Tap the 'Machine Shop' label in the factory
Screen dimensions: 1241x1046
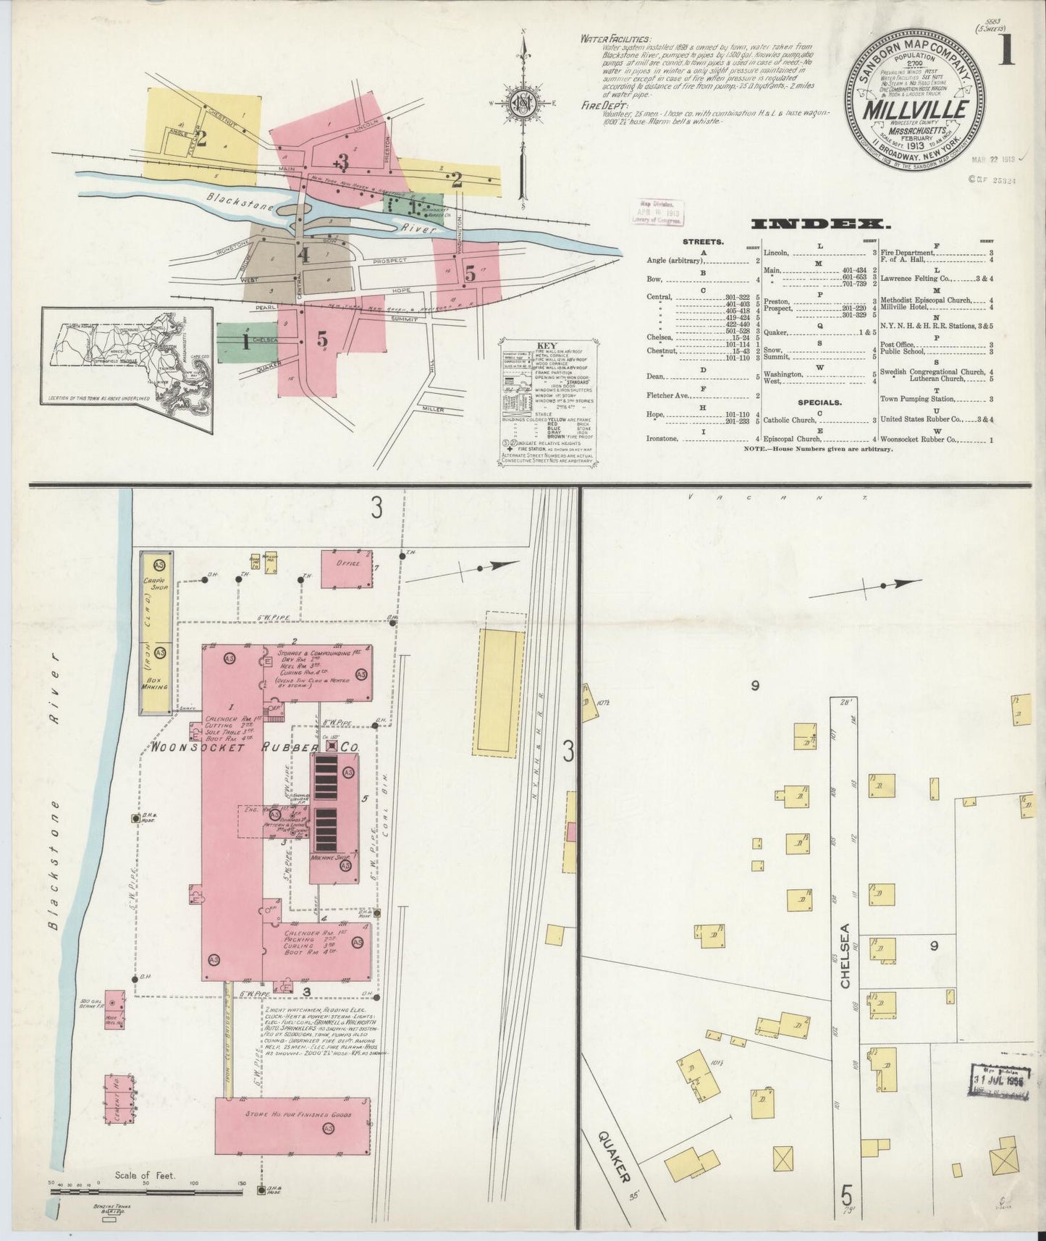pyautogui.click(x=330, y=857)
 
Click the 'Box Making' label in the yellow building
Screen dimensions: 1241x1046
pyautogui.click(x=156, y=694)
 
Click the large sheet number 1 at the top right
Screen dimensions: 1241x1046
pyautogui.click(x=1006, y=53)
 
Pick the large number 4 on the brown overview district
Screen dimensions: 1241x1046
pyautogui.click(x=303, y=255)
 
